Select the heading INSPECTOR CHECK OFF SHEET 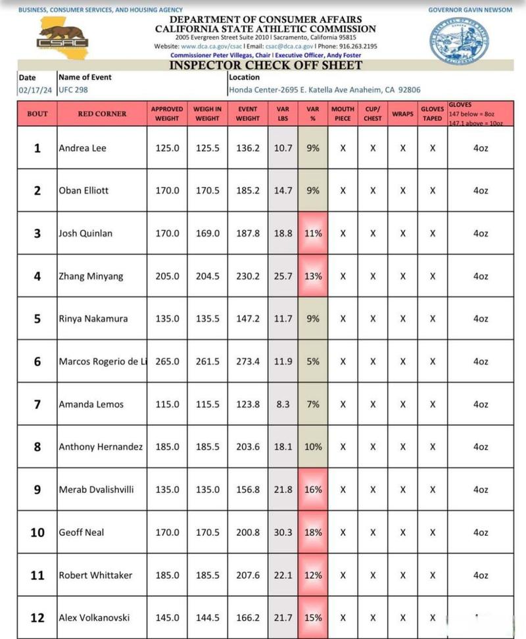click(266, 66)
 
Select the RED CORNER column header click(102, 114)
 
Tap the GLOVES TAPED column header click(432, 114)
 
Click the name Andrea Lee click(82, 148)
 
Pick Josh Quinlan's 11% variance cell click(313, 233)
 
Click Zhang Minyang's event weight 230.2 click(248, 276)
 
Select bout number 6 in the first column click(37, 362)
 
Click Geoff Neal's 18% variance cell click(313, 532)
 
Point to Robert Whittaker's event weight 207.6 click(248, 575)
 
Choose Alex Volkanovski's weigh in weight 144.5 click(207, 618)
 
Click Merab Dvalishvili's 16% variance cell click(313, 490)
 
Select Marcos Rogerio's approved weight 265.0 click(167, 362)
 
